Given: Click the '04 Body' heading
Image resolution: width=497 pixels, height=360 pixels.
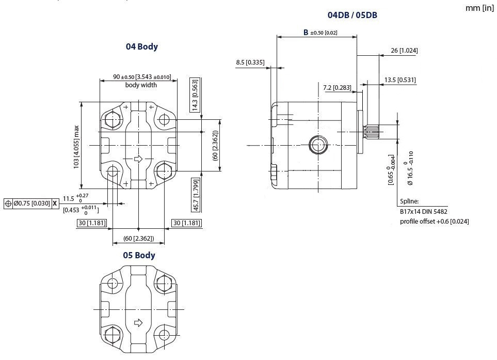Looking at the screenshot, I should point(141,46).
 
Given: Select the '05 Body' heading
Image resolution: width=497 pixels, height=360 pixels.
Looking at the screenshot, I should point(138,255).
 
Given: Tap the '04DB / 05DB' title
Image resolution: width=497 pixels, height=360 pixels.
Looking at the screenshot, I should point(352,15).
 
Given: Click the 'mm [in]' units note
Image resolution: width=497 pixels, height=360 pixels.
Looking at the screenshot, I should point(479,8).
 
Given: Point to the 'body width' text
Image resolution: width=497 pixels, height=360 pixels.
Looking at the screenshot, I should point(141,85).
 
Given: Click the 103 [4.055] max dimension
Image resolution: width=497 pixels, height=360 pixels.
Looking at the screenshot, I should point(76,146).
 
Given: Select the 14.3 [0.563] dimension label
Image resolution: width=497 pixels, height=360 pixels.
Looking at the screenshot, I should point(195,95).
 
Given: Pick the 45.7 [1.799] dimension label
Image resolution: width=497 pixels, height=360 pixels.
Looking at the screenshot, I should point(195,195).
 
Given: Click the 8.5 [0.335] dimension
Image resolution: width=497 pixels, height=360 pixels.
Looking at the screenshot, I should point(250,62).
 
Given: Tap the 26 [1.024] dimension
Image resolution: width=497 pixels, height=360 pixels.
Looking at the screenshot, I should point(405,51).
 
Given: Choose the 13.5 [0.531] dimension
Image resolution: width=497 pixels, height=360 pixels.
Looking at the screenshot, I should point(400,80).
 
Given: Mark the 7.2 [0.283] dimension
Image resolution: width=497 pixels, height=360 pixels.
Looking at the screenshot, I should point(337,88).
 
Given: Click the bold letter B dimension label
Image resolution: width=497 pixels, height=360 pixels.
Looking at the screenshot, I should point(306,33).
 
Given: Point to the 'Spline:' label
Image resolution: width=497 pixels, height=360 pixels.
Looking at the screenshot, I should point(409,202).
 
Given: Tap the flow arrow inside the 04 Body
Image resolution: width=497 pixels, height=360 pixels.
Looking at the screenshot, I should point(138,159).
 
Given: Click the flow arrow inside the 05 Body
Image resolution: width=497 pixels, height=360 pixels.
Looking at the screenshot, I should point(138,323).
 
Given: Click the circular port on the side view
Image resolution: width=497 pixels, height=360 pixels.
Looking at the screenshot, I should point(318,145).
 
